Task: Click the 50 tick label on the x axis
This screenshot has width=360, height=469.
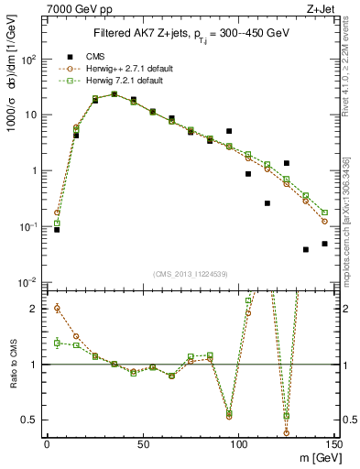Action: pyautogui.click(x=142, y=444)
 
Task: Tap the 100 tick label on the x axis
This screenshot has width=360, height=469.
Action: pyautogui.click(x=238, y=444)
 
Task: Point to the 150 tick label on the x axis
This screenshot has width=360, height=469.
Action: pyautogui.click(x=333, y=444)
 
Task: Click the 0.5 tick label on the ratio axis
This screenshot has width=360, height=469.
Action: pyautogui.click(x=27, y=420)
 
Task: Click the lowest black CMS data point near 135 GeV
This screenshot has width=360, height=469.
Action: pyautogui.click(x=306, y=249)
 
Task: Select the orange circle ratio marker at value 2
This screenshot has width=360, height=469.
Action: pyautogui.click(x=57, y=308)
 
